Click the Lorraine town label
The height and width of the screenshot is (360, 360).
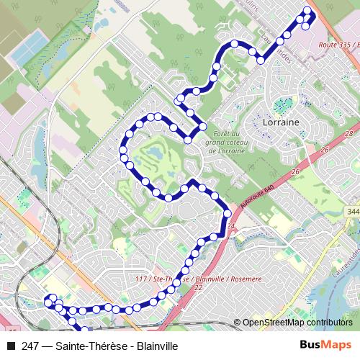pyautogui.click(x=281, y=122)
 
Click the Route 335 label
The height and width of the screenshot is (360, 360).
pyautogui.click(x=333, y=45)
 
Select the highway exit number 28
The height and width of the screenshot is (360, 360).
pyautogui.click(x=348, y=134)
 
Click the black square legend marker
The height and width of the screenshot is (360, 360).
pyautogui.click(x=10, y=346)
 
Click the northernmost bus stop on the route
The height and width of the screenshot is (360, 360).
pyautogui.click(x=308, y=9)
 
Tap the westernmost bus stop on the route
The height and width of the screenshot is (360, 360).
pyautogui.click(x=48, y=303)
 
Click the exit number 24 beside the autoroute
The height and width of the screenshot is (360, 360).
pyautogui.click(x=231, y=228)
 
